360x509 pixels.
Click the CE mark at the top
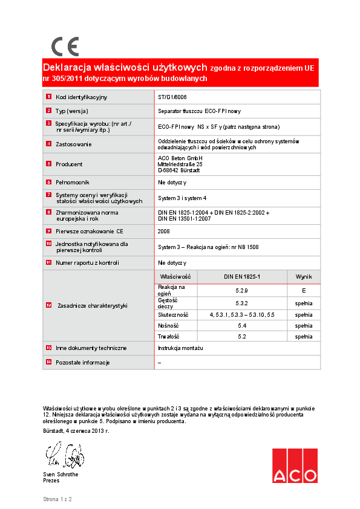point(65,46)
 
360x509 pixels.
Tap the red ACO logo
point(294,466)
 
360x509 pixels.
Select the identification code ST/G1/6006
point(172,97)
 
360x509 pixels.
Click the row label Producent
point(69,164)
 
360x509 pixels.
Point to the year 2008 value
point(164,231)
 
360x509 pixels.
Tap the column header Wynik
point(303,276)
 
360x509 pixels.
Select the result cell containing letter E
point(303,290)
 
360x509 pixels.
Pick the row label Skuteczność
point(173,315)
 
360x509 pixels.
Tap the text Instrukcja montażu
point(180,348)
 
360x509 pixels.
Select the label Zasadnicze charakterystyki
point(93,306)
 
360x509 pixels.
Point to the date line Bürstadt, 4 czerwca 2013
point(76,430)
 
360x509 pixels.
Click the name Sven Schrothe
point(61,474)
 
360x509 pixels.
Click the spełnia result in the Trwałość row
point(303,336)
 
